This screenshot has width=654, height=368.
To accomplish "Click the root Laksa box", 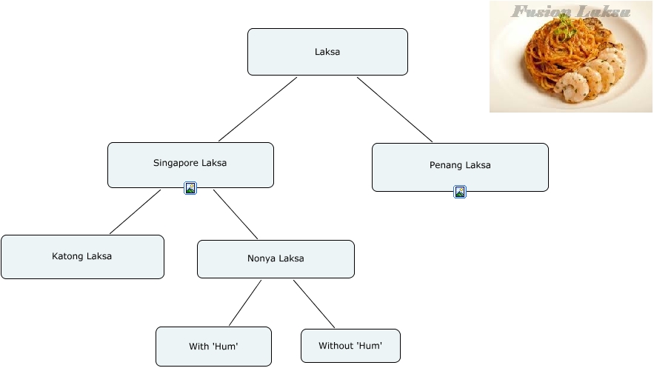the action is click(327, 52).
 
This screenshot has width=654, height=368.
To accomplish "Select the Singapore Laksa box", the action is click(190, 165).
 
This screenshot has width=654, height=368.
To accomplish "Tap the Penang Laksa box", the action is click(460, 167).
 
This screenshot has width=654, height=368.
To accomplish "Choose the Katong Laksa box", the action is click(83, 257).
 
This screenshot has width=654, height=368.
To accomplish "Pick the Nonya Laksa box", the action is click(276, 259).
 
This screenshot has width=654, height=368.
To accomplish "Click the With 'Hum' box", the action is click(213, 347).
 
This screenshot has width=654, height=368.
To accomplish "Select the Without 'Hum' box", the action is click(350, 346).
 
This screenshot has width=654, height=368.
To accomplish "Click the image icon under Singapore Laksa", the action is click(190, 188).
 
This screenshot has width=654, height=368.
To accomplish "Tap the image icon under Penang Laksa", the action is click(460, 192).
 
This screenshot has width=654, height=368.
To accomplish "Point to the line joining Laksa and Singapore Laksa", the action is click(258, 109).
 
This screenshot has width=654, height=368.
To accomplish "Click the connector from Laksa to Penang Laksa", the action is click(395, 110).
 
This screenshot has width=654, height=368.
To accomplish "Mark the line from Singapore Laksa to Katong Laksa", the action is click(135, 212).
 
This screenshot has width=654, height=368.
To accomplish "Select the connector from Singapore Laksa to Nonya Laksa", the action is click(236, 214).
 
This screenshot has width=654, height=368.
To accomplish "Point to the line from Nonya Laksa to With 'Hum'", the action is click(245, 303).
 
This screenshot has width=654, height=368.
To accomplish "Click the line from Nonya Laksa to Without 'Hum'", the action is click(313, 304).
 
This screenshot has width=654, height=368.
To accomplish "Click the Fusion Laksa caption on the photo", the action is click(570, 11).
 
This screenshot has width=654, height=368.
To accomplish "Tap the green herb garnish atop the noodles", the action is click(564, 22).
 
